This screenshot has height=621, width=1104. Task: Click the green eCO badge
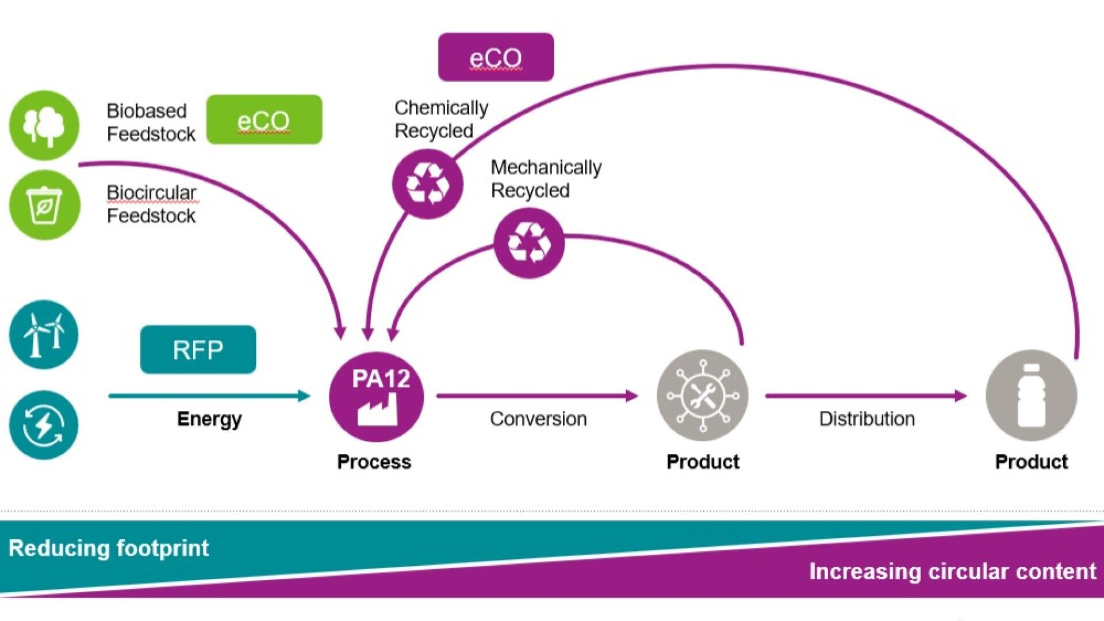[x=264, y=120]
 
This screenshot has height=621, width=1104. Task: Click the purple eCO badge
[x=496, y=57]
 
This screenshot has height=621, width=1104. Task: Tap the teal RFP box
[x=198, y=349]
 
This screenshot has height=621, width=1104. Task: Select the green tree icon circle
[x=44, y=125]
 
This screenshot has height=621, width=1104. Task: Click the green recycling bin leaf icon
[x=44, y=205]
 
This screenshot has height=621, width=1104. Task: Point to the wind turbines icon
[x=44, y=334]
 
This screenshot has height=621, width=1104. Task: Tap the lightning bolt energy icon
[x=44, y=425]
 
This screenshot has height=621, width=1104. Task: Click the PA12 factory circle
[x=376, y=397]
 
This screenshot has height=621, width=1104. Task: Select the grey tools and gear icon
[x=702, y=395]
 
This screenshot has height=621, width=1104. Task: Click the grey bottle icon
[x=1031, y=395]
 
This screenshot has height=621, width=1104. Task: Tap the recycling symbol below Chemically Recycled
[x=427, y=184]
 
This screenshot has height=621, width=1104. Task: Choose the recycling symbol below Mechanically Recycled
[x=529, y=243]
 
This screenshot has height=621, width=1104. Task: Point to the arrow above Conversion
[x=537, y=395]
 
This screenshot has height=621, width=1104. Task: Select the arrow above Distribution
[x=866, y=395]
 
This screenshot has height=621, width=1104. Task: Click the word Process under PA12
[x=374, y=462]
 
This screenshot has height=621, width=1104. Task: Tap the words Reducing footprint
[x=109, y=548]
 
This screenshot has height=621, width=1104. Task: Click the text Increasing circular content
[x=952, y=572]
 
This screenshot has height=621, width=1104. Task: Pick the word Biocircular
[x=151, y=193]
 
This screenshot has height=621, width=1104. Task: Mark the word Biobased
[x=147, y=111]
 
